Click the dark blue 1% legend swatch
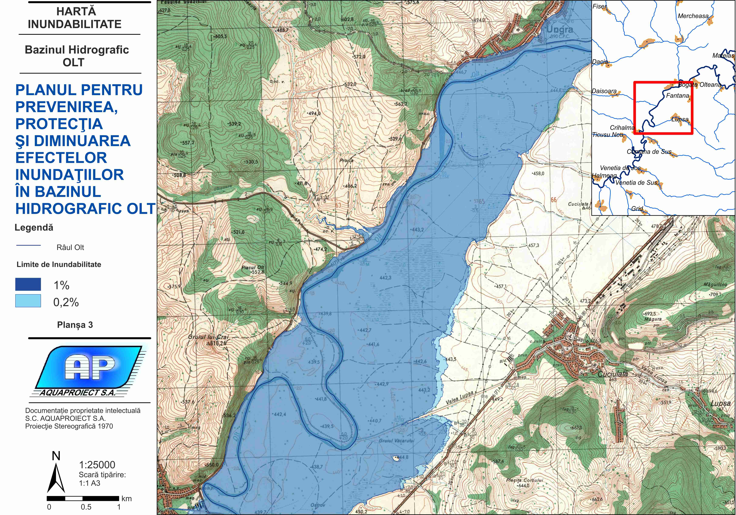point(28,284)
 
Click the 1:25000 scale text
point(97,465)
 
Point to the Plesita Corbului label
point(524,480)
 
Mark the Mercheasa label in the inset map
point(693,16)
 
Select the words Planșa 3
point(75,325)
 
